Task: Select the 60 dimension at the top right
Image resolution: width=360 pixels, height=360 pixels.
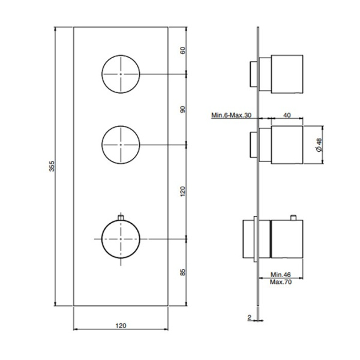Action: [183, 51]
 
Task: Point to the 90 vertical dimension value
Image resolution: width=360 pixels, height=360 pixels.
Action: [183, 109]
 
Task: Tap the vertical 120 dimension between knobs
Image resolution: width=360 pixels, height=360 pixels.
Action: [183, 191]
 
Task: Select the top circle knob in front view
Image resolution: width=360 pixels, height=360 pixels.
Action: [121, 74]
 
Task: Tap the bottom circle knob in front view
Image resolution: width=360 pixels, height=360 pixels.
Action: [121, 239]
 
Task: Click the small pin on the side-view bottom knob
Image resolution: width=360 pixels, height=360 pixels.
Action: [294, 216]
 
